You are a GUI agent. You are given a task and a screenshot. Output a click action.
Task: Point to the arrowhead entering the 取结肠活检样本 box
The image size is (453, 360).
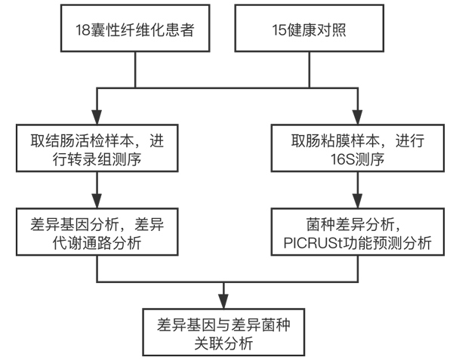(97, 122)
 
